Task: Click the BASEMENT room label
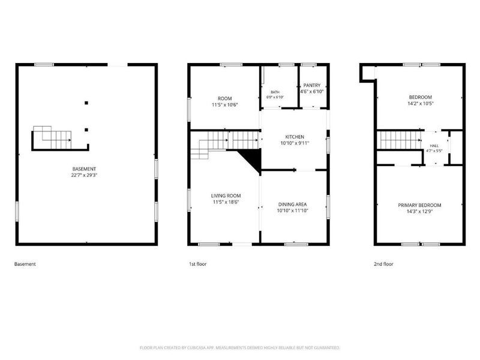tap(84, 169)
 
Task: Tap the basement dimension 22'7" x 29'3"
tap(84, 175)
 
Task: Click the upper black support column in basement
tap(86, 103)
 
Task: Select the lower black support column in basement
tap(86, 130)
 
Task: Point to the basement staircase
tap(52, 137)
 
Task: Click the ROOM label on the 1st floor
tap(224, 98)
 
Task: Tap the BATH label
tap(275, 92)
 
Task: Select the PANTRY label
tap(312, 85)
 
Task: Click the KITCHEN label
tap(295, 137)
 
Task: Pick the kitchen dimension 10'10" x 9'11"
tap(295, 143)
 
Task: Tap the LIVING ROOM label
tap(226, 196)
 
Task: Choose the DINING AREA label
tap(292, 204)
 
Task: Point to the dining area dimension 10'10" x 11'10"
tap(292, 211)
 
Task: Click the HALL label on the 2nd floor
tap(434, 146)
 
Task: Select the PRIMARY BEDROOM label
tap(419, 205)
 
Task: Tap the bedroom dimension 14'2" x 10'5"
tap(421, 103)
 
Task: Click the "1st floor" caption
tap(198, 264)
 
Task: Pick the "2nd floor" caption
tap(383, 264)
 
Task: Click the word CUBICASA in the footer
tap(197, 348)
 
